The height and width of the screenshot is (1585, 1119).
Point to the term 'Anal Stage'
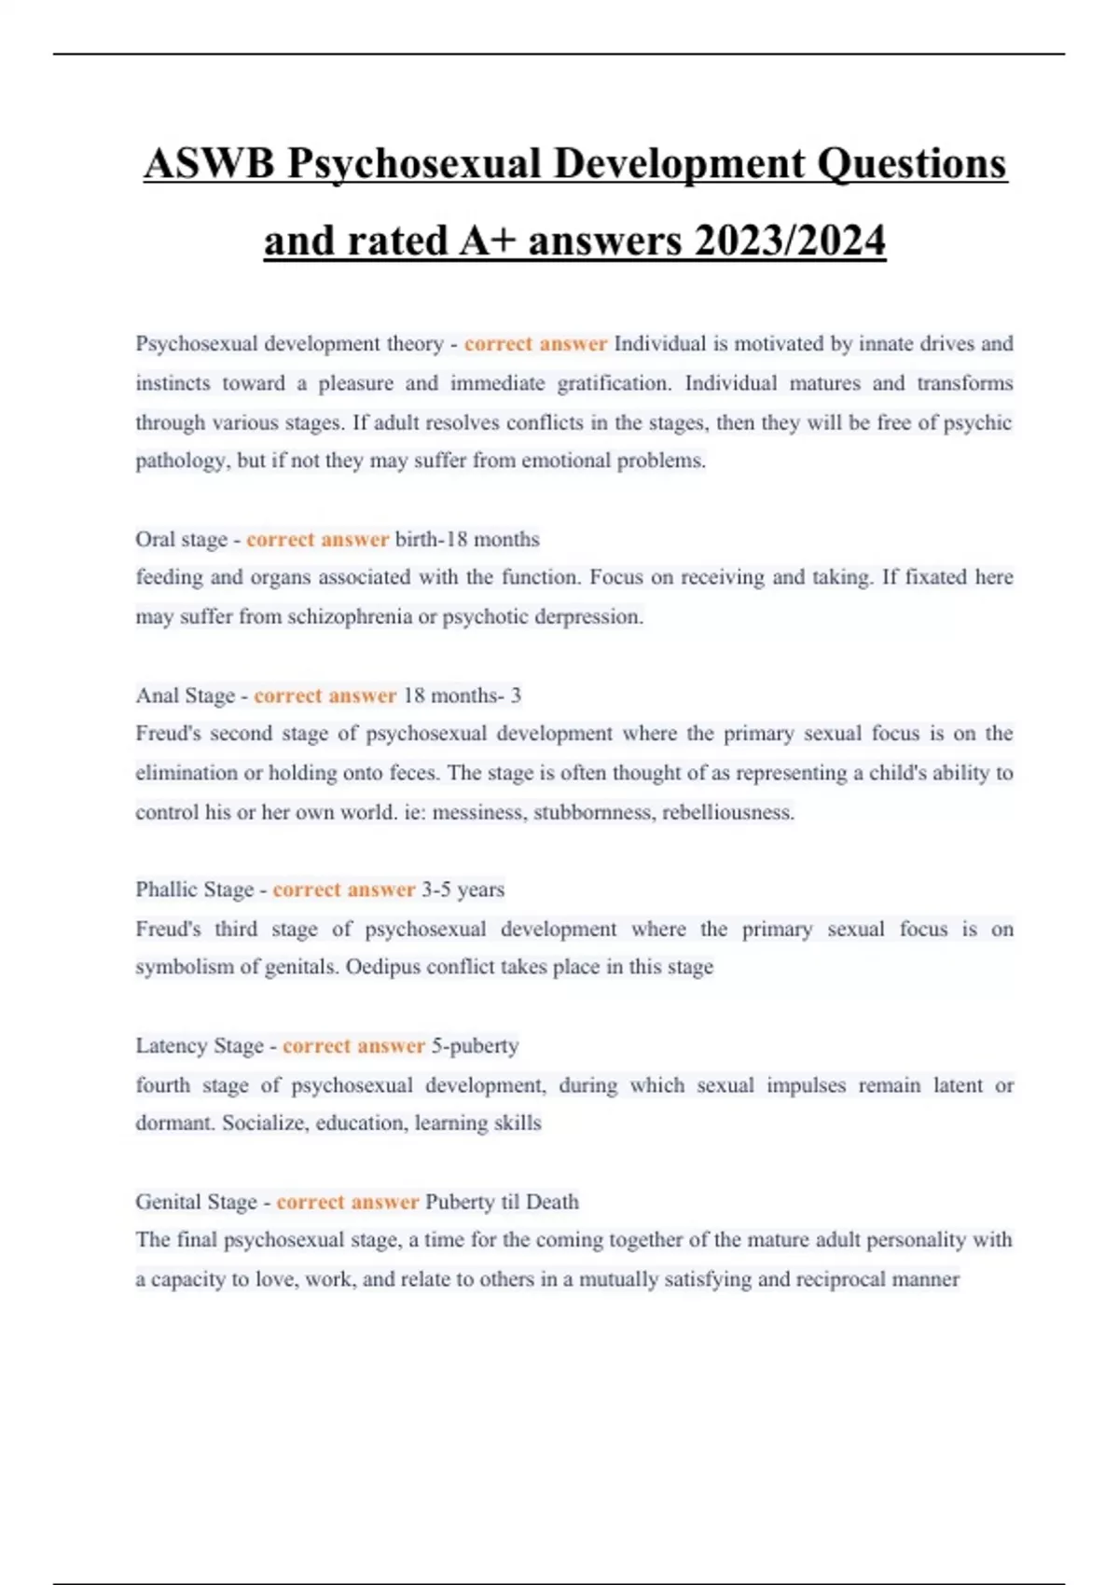[x=185, y=696]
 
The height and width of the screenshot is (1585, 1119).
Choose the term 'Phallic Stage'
[x=194, y=889]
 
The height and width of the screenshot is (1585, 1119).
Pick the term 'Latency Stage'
[x=199, y=1046]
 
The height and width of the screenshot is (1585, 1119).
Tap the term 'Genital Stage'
[x=196, y=1202]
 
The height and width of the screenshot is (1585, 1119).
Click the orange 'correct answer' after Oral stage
[x=317, y=540]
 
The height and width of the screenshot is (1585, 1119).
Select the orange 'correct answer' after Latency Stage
[x=353, y=1046]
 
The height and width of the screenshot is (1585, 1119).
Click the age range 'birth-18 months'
[x=467, y=540]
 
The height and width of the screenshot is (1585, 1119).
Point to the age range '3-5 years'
[x=463, y=889]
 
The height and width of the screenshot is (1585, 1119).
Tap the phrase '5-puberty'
[x=475, y=1046]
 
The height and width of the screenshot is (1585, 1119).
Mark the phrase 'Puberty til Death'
[x=502, y=1202]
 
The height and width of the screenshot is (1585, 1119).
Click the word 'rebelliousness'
[x=728, y=812]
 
